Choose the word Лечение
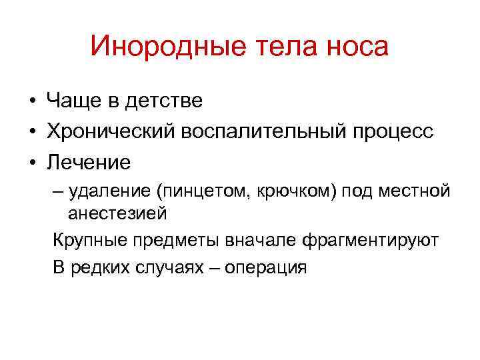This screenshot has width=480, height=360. [x=89, y=162]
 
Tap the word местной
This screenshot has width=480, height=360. [x=417, y=192]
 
